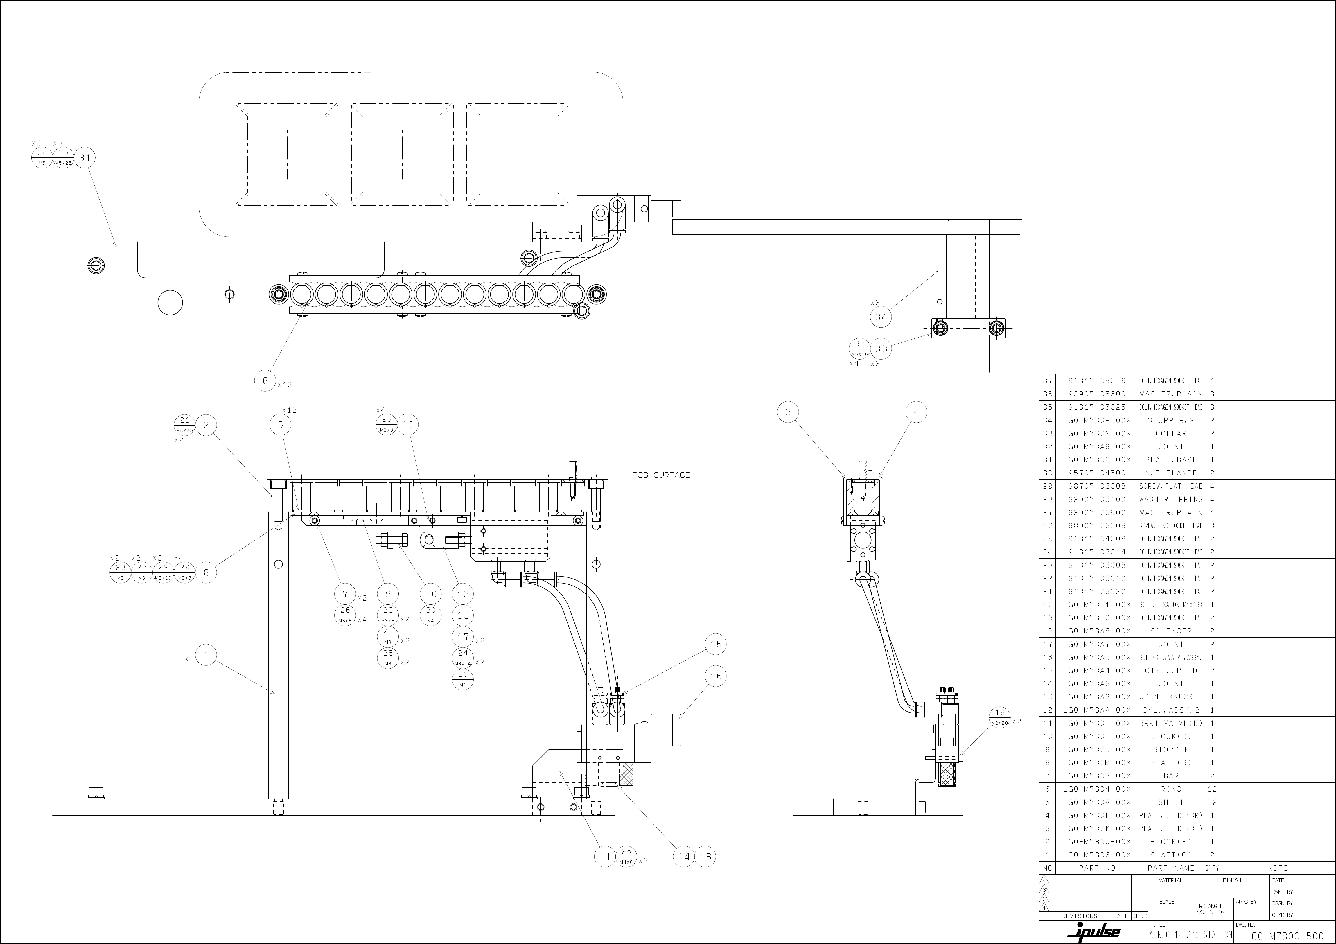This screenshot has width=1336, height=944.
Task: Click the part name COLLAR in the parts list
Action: pyautogui.click(x=1171, y=434)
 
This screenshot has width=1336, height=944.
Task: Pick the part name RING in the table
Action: pyautogui.click(x=1171, y=789)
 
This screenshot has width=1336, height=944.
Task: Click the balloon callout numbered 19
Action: pyautogui.click(x=1000, y=717)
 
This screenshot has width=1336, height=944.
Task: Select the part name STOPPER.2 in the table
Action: pyautogui.click(x=1171, y=420)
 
